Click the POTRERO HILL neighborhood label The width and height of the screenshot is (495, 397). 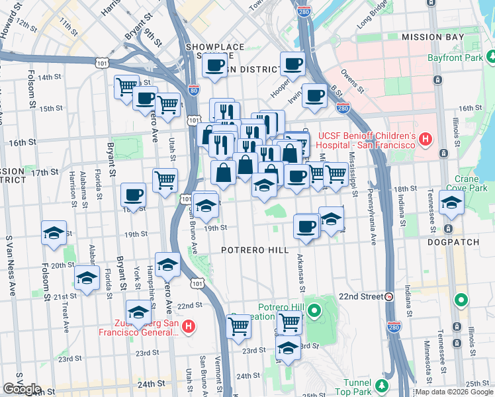[255, 250]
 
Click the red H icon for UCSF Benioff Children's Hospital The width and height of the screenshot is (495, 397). [426, 140]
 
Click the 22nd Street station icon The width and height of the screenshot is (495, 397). [390, 296]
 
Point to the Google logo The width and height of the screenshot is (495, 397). [22, 389]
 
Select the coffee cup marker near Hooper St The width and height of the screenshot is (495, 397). [292, 64]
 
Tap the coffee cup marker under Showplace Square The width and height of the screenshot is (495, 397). [214, 65]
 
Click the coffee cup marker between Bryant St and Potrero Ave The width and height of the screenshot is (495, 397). [133, 195]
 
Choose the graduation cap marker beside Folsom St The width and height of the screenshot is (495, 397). [54, 233]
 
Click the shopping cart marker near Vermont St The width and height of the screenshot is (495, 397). [238, 326]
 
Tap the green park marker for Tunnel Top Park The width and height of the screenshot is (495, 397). [382, 385]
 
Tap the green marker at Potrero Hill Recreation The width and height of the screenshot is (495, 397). [314, 309]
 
